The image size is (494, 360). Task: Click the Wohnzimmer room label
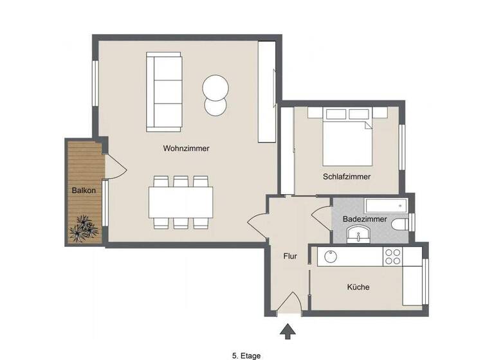pyautogui.click(x=186, y=148)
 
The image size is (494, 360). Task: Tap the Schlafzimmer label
pyautogui.click(x=347, y=176)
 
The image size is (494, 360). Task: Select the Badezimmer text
pyautogui.click(x=365, y=219)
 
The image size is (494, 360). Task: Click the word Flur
pyautogui.click(x=290, y=256)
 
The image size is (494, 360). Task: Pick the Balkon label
pyautogui.click(x=84, y=191)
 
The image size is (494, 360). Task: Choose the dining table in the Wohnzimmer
pyautogui.click(x=181, y=202)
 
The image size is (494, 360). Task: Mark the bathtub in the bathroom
pyautogui.click(x=385, y=206)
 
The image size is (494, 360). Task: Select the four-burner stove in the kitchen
pyautogui.click(x=392, y=256)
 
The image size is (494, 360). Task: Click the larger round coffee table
pyautogui.click(x=214, y=87)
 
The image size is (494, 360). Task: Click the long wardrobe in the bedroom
pyautogui.click(x=287, y=150)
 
